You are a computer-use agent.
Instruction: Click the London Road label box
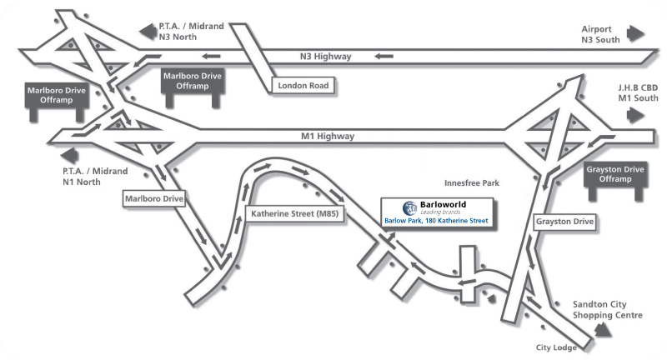303,86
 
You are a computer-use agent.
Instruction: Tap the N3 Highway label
326,57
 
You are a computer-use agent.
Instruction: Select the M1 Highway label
328,137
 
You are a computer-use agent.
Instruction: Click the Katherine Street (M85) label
295,214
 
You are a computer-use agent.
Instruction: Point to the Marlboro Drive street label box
154,198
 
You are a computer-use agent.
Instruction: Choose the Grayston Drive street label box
564,222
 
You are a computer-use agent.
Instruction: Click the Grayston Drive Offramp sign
615,180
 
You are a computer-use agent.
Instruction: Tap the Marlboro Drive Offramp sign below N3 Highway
193,87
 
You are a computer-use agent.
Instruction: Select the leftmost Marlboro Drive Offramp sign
57,102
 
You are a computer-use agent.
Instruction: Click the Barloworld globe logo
410,208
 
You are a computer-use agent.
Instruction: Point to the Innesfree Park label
472,183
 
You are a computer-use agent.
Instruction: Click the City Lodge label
556,347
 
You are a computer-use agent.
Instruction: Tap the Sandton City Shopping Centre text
608,310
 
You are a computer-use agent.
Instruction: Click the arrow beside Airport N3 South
635,33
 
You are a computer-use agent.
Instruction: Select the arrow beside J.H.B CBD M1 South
635,115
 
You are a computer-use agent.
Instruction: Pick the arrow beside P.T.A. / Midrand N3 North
148,32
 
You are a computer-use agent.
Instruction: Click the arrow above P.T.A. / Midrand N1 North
70,156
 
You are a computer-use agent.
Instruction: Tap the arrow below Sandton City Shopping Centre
602,330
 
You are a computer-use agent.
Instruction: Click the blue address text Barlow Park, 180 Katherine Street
436,221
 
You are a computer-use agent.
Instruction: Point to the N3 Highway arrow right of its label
384,56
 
